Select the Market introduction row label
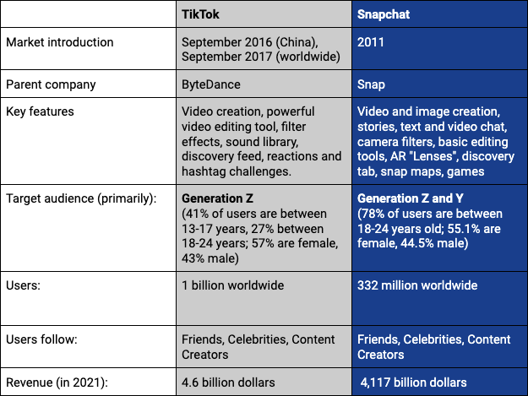point(59,42)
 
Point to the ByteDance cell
point(211,84)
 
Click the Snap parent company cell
point(373,84)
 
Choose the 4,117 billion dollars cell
point(413,382)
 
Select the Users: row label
point(23,286)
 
